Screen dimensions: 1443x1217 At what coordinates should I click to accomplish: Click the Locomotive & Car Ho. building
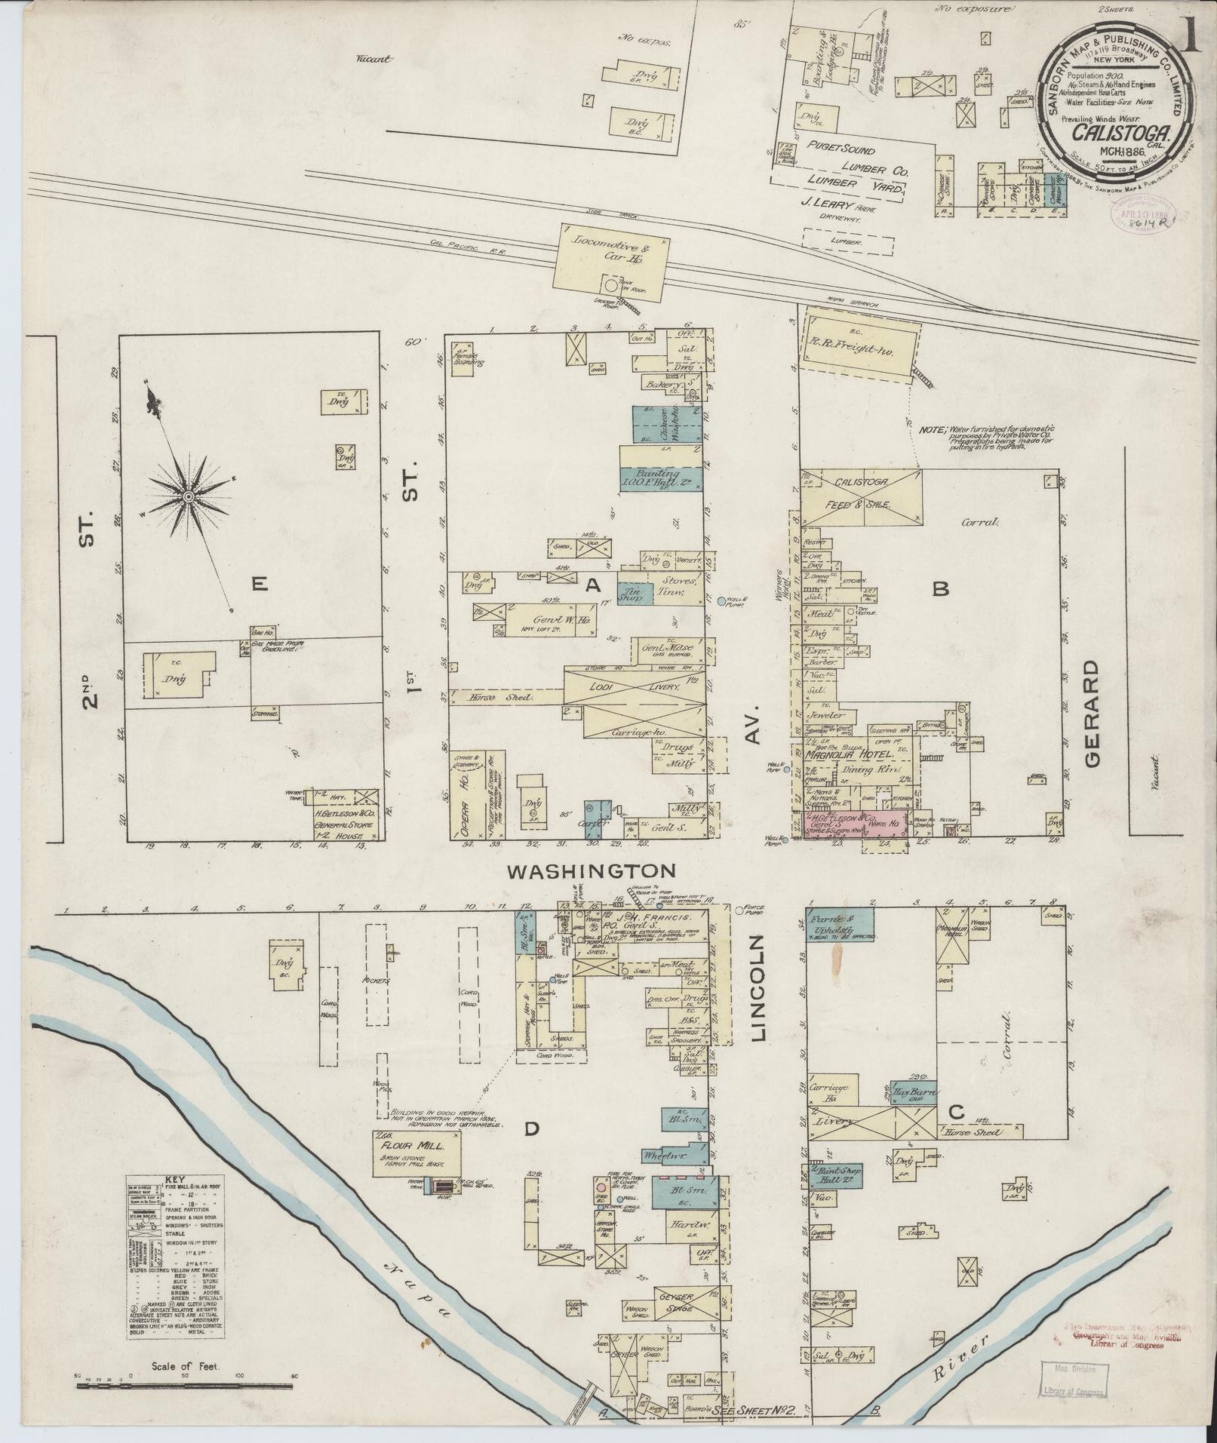tap(611, 256)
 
